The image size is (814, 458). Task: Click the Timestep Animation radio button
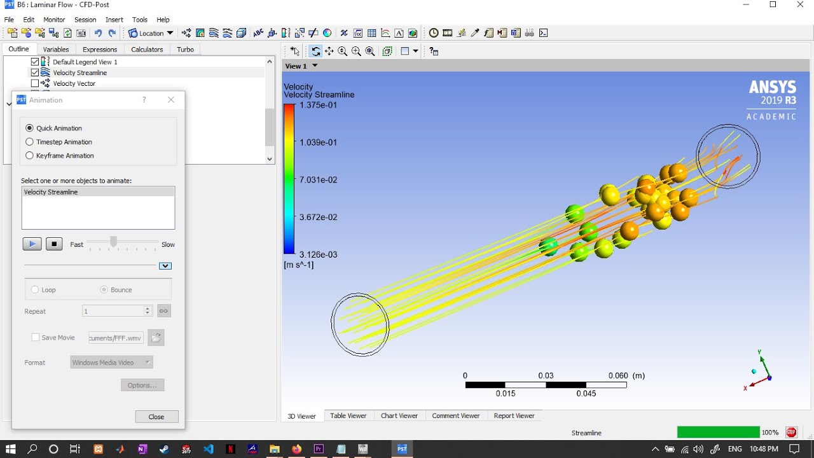(x=29, y=142)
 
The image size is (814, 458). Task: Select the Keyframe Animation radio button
(x=29, y=156)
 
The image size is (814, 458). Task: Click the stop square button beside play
(x=54, y=244)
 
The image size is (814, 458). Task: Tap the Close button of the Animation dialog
(x=156, y=417)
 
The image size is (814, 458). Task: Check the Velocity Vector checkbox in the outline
(x=35, y=83)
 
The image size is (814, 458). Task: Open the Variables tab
(x=55, y=50)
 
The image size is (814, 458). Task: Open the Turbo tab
(x=185, y=50)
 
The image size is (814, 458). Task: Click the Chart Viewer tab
(x=399, y=415)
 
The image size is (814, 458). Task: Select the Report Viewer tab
(x=514, y=415)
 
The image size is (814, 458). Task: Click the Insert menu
(x=114, y=20)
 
